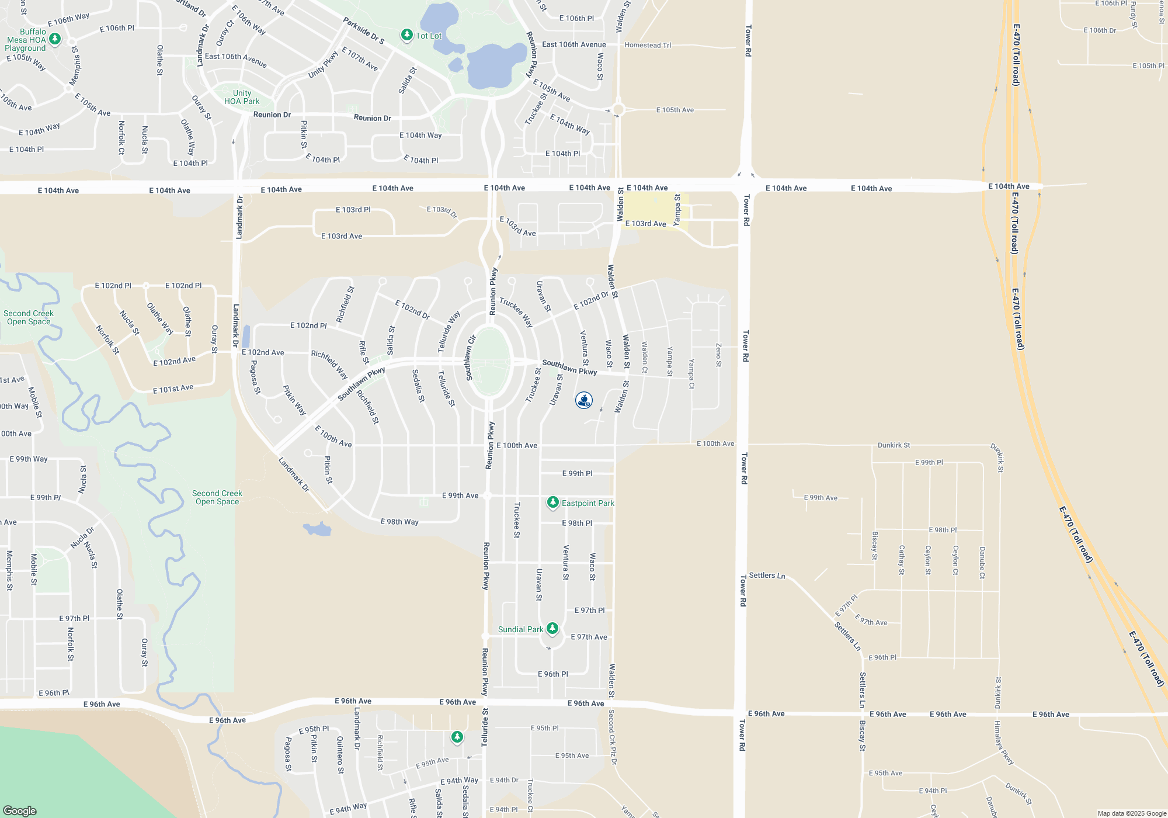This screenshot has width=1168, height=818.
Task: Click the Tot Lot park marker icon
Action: [407, 35]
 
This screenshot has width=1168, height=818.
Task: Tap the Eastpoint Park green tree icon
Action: [552, 502]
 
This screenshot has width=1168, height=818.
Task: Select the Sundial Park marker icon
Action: [552, 628]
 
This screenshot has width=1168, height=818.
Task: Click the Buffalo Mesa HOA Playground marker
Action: [55, 39]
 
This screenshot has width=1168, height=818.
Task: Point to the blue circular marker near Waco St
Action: [584, 400]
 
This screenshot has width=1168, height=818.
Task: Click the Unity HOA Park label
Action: [242, 97]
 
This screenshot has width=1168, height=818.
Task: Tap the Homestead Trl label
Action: [648, 45]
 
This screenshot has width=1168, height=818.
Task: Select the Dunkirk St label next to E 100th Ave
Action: [894, 445]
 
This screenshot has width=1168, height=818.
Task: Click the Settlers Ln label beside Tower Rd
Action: [767, 576]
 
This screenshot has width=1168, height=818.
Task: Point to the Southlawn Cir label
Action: [471, 358]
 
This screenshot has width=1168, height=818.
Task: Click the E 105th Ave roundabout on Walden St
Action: [618, 109]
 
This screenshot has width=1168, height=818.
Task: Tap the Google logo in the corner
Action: [20, 810]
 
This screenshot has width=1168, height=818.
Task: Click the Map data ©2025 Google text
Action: [1131, 813]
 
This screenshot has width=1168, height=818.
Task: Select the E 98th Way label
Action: [399, 522]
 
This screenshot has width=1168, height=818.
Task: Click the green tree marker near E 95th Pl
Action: [457, 737]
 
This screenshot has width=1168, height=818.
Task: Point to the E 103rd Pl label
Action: [353, 210]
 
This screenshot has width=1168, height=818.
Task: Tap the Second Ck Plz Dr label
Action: [612, 737]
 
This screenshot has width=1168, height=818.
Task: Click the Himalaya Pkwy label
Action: [1004, 743]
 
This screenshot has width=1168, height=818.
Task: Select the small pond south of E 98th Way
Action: [318, 529]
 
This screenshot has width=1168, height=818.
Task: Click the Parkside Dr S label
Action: [363, 31]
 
